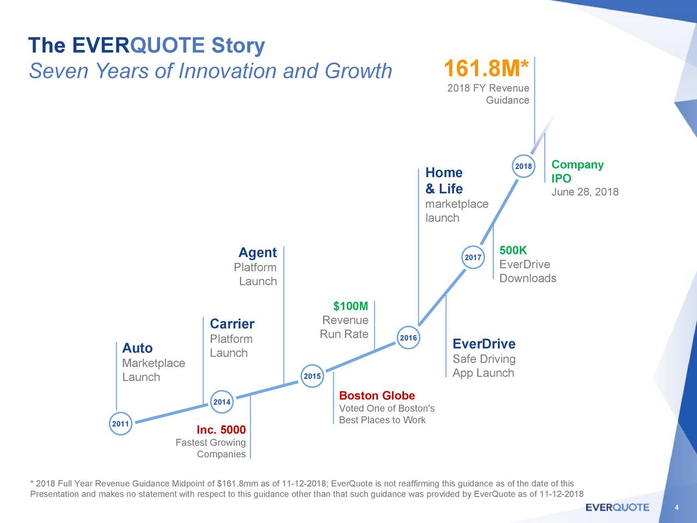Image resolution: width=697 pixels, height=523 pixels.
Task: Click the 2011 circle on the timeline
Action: click(x=120, y=424)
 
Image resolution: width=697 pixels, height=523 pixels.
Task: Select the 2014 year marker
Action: click(x=222, y=402)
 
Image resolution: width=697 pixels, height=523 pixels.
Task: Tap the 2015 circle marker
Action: click(x=312, y=376)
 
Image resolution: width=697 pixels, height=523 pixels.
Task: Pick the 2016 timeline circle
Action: click(x=408, y=338)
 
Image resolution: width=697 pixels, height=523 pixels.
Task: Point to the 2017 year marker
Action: click(x=473, y=257)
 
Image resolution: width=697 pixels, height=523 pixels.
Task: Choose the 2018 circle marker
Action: click(x=523, y=166)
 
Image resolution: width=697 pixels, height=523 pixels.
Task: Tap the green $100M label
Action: click(x=351, y=306)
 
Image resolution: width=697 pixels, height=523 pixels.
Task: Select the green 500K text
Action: click(x=513, y=251)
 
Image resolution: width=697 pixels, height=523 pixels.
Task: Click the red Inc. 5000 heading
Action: click(x=221, y=430)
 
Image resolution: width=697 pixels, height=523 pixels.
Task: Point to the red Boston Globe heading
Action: click(x=377, y=396)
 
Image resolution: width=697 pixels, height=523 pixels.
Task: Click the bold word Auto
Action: click(x=137, y=348)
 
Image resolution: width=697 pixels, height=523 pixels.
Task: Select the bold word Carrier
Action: click(x=232, y=324)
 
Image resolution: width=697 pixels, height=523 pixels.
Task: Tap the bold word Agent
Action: click(x=258, y=253)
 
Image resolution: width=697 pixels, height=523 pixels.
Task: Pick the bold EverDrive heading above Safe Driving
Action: click(x=484, y=344)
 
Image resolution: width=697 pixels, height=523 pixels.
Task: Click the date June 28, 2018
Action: click(x=585, y=192)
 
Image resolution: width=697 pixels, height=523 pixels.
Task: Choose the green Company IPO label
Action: click(x=577, y=172)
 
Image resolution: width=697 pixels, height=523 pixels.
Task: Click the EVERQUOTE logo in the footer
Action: click(x=617, y=507)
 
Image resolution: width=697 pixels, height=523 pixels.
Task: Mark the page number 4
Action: click(x=676, y=508)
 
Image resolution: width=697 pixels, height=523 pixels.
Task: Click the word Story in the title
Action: click(x=238, y=45)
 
